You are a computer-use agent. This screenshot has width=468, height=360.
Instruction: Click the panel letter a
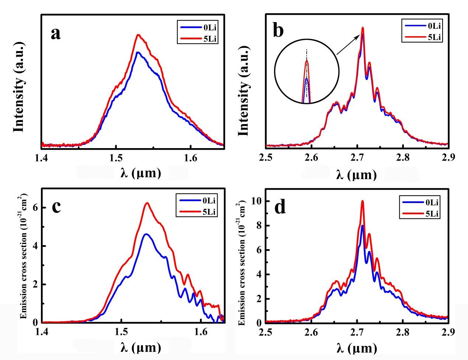tap(56, 34)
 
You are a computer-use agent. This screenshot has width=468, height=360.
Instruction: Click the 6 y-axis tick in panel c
tap(35, 207)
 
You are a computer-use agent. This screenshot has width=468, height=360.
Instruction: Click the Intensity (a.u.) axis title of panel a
tap(19, 88)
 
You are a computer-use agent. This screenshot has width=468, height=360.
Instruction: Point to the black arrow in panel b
tap(349, 45)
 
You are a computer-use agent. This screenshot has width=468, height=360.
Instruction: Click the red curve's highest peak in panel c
tap(147, 203)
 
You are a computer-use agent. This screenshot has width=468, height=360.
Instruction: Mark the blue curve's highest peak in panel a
tap(138, 52)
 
